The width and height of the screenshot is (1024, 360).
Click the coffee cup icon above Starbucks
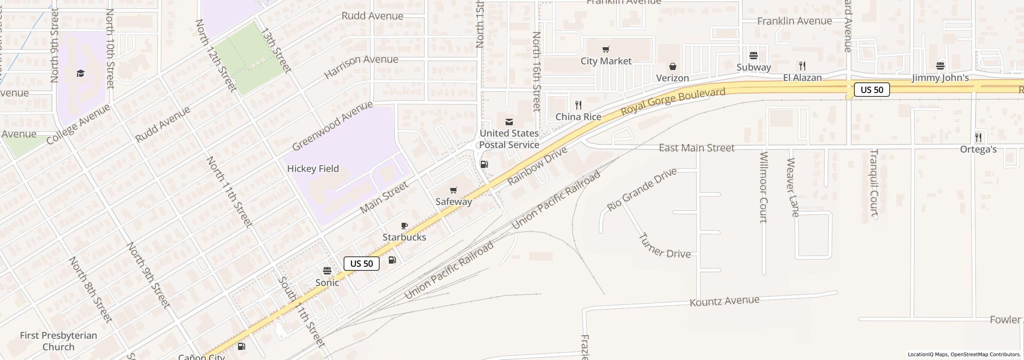coord(404,226)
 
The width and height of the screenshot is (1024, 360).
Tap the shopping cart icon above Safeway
coord(453,190)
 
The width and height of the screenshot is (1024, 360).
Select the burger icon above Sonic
coord(327,271)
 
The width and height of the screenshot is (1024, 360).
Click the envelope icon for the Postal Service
coord(509,122)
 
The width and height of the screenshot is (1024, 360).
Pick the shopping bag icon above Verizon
coord(673,66)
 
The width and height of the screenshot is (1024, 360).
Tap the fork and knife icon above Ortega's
coord(978,138)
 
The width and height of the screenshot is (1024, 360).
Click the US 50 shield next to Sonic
coord(362,264)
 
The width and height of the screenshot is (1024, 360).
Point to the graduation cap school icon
coord(81,74)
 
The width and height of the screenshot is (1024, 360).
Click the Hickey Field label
coord(313,169)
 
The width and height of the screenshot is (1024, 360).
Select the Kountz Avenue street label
coord(724,301)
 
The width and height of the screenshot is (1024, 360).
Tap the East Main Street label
coord(696,148)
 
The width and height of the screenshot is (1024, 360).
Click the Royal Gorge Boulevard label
coord(673,102)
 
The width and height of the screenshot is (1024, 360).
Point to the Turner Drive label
coord(664,246)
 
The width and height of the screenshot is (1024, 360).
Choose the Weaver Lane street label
coord(792,187)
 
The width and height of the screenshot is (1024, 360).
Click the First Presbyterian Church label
coord(58,341)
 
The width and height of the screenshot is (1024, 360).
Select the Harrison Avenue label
coord(361,66)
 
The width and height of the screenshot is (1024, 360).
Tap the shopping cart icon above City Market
coord(606,50)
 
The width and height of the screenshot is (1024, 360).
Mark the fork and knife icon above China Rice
coord(578,105)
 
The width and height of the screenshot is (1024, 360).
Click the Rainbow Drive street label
coord(537,166)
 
